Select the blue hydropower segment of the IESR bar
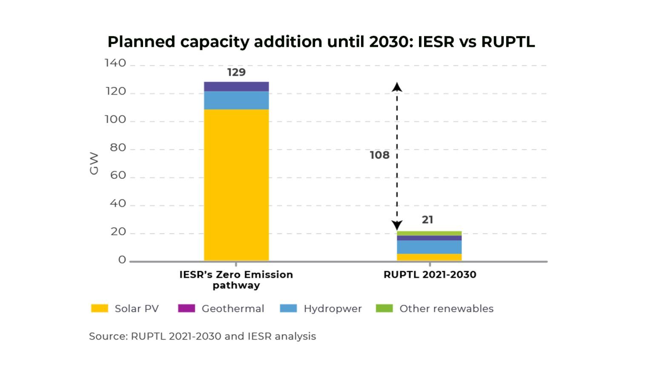[x=236, y=101]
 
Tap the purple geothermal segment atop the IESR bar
[x=236, y=86]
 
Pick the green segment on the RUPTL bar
[x=429, y=233]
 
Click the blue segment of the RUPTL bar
[x=429, y=247]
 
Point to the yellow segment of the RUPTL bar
[x=429, y=257]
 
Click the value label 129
[x=236, y=72]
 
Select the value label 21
[x=427, y=220]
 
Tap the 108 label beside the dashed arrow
[x=379, y=155]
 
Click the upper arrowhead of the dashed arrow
[x=397, y=87]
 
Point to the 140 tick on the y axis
[x=115, y=63]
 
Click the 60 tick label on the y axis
[x=118, y=175]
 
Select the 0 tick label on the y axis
[x=122, y=260]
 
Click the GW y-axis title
[x=94, y=164]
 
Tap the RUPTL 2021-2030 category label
[x=430, y=274]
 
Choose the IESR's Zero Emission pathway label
[x=236, y=280]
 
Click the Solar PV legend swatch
[x=100, y=308]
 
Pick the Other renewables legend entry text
[x=446, y=308]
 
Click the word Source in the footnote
[x=108, y=336]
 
